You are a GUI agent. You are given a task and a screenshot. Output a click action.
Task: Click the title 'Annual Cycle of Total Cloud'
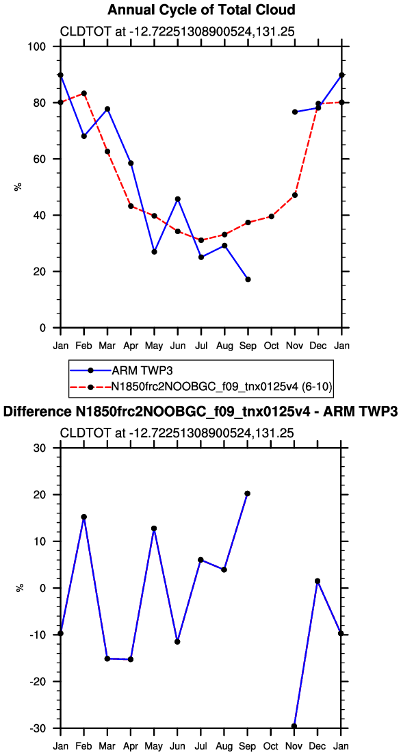(x=200, y=10)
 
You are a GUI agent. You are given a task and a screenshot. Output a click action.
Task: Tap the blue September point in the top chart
(x=248, y=279)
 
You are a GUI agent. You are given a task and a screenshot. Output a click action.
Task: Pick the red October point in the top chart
(x=272, y=216)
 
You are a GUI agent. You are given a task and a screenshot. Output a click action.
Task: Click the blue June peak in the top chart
(x=178, y=199)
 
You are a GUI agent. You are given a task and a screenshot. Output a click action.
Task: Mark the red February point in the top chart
(x=83, y=93)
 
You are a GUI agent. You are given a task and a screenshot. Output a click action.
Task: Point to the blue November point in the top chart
(x=295, y=112)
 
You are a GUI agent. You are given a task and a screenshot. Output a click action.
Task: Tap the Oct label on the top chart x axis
(x=272, y=345)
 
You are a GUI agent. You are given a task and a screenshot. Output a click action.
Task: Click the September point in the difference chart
(x=248, y=494)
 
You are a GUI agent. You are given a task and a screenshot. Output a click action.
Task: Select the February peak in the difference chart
(x=83, y=517)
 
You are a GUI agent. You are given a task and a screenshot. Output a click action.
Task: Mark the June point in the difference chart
(x=178, y=641)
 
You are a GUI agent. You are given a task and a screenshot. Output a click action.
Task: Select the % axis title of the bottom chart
(x=18, y=588)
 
